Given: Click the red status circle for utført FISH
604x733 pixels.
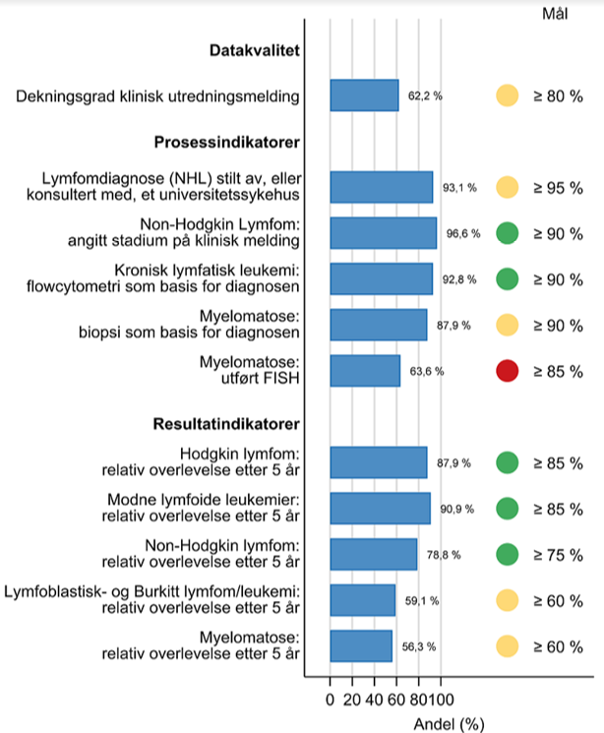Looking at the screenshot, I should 507,371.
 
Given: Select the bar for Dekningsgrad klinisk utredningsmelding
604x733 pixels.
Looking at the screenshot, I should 364,96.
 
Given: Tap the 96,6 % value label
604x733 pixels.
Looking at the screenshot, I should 460,234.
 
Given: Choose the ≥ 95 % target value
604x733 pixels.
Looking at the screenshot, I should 558,188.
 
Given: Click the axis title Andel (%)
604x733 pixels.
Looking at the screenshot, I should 450,723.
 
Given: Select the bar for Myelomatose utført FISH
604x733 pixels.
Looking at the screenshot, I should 365,371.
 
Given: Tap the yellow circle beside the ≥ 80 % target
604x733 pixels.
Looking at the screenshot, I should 507,96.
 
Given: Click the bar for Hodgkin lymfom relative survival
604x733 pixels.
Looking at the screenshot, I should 379,462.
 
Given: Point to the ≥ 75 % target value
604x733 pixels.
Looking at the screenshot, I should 558,555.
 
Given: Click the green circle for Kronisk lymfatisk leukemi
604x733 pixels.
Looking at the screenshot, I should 507,279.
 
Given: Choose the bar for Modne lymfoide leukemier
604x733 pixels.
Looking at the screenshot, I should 380,509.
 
